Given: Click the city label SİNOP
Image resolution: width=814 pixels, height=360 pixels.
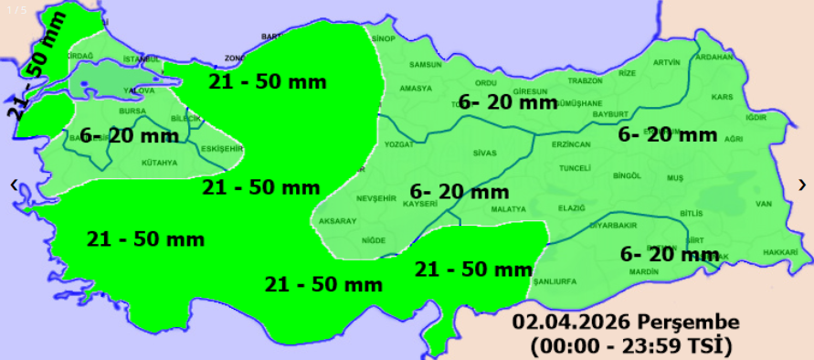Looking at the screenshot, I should [382, 39].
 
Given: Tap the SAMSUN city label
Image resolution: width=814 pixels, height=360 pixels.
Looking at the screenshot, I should [426, 65].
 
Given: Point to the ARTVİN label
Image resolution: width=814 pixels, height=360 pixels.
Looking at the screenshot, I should [667, 62].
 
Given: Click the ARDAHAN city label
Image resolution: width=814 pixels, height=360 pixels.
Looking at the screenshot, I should [714, 57].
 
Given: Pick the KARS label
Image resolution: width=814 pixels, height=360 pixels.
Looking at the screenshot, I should [723, 97].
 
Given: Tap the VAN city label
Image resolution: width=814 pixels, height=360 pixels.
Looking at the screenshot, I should [765, 203].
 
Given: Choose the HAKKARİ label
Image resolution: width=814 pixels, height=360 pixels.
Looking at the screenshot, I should [780, 252].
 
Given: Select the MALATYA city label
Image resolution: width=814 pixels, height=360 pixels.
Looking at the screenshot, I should [509, 209].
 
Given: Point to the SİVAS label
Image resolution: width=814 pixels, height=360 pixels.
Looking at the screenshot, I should [484, 153].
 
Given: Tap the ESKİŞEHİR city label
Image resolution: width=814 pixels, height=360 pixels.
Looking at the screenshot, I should [222, 148].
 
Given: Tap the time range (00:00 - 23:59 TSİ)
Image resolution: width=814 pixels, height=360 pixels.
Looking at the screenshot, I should [630, 345].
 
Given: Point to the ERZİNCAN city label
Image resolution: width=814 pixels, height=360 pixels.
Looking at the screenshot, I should [571, 144].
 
